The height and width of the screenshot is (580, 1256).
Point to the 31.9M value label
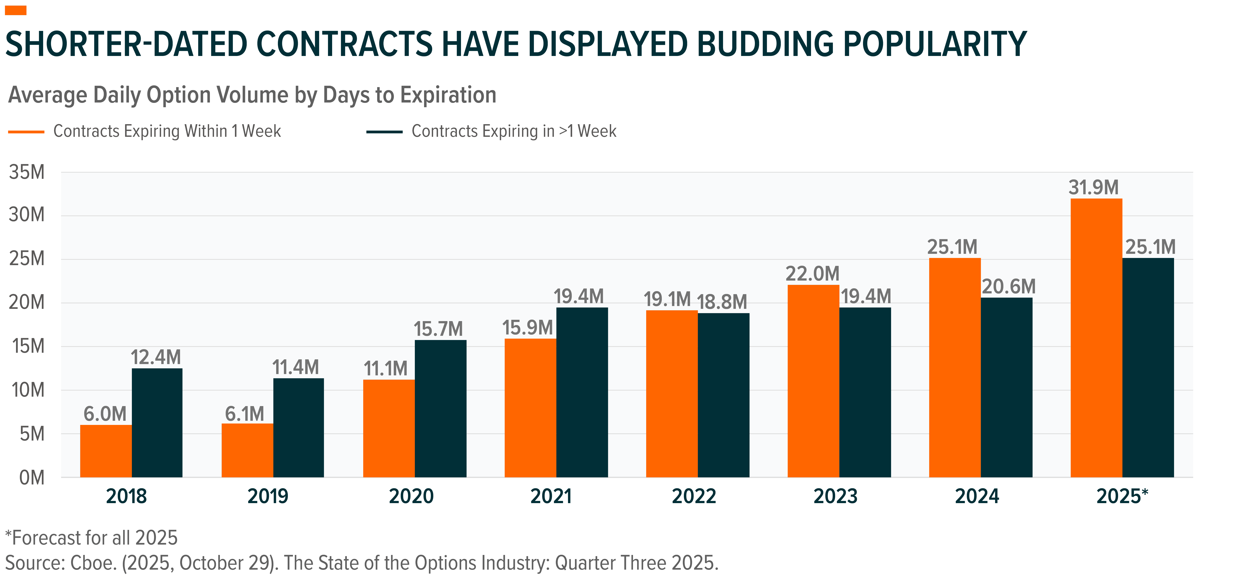coord(1094,187)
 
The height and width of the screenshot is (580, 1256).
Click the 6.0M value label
coord(105,414)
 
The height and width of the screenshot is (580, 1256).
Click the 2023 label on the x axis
coord(835,497)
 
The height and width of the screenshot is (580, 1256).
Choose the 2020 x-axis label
coord(411,497)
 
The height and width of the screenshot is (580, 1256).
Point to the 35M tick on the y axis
coord(27,172)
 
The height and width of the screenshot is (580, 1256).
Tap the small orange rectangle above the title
coord(16,10)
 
